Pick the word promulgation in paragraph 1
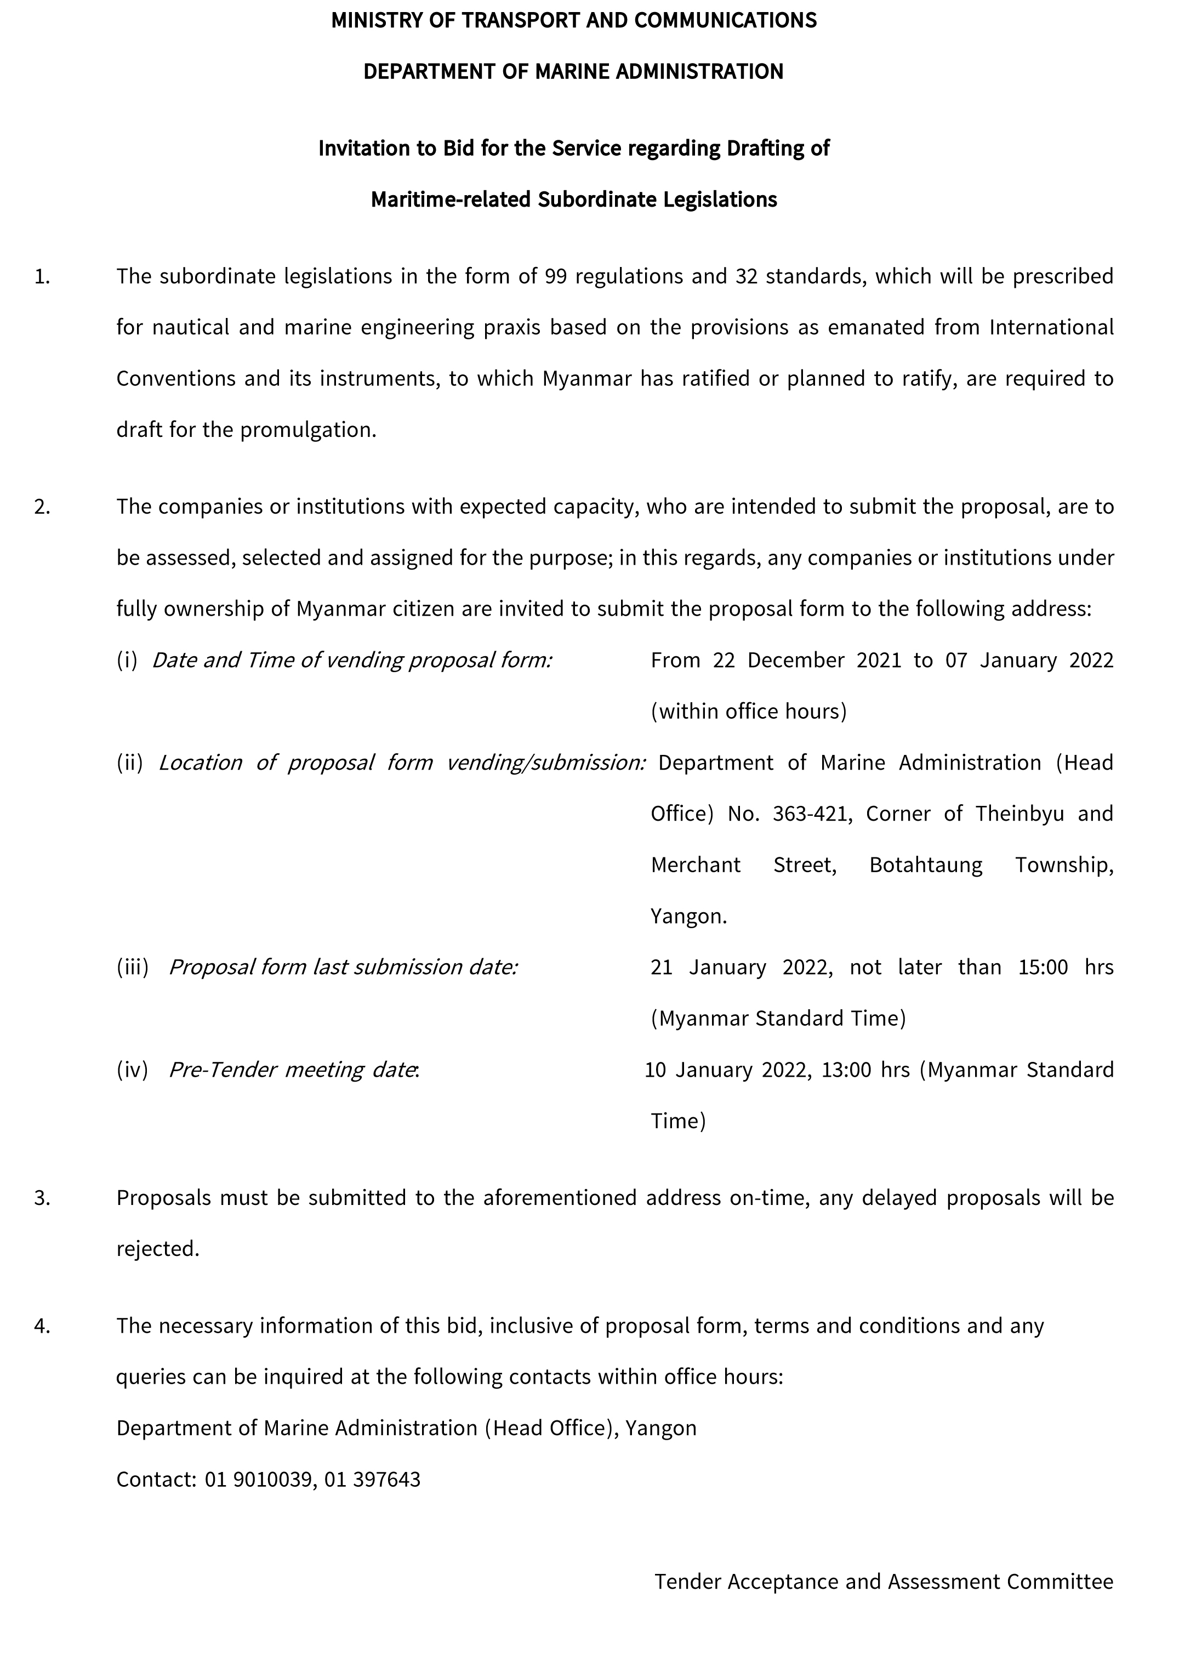[308, 430]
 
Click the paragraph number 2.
[42, 507]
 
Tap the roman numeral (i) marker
[127, 660]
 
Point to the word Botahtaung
[926, 866]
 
